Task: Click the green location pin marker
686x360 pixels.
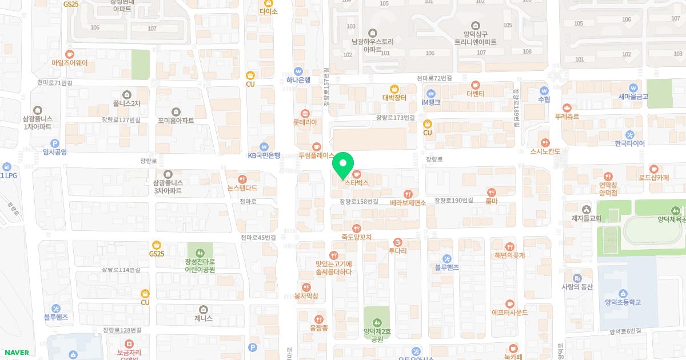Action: tap(343, 166)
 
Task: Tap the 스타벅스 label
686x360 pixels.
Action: tap(356, 182)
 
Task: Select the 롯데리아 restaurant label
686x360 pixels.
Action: tap(305, 122)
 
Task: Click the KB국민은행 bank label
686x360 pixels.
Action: tap(264, 155)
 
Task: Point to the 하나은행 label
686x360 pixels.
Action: tap(298, 80)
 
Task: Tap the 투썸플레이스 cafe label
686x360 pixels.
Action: tap(316, 155)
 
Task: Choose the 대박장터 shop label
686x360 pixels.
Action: tap(394, 97)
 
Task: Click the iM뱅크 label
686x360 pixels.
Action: tap(431, 102)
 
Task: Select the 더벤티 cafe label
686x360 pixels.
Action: tap(475, 93)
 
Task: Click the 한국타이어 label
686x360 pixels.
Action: tap(629, 143)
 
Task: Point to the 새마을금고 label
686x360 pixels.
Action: tap(633, 97)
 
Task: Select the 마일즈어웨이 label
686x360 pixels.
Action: tap(70, 62)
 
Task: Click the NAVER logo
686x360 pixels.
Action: tap(16, 353)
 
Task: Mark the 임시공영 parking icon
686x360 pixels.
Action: tap(54, 143)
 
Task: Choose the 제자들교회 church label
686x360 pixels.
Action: tap(586, 218)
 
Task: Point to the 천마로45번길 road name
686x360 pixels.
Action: tap(258, 237)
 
